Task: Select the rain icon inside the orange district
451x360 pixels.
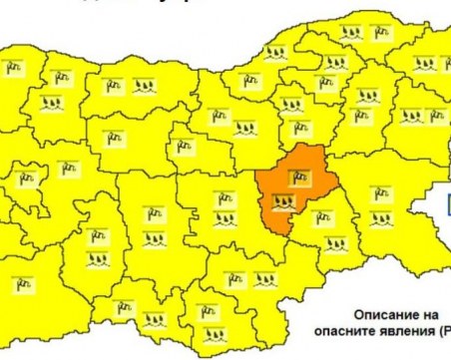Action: [286, 203]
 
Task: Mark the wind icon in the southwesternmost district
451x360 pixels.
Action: [19, 283]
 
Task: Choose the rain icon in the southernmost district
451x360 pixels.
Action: [211, 332]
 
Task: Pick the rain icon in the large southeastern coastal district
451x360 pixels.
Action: [380, 217]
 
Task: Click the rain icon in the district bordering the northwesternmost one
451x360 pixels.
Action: [51, 102]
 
